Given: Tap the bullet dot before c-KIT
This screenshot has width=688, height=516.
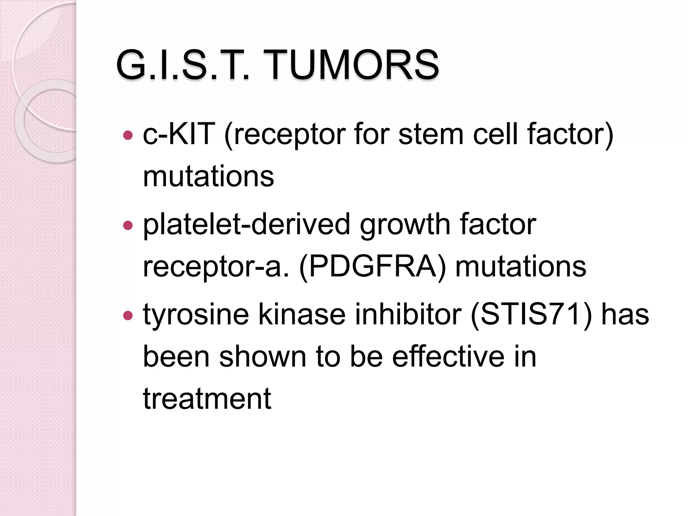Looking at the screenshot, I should click(x=128, y=135).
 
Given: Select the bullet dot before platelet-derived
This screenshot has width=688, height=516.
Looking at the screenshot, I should click(x=128, y=225).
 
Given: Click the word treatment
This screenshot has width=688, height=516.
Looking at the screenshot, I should click(x=207, y=399).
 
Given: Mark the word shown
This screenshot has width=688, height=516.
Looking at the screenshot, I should click(x=262, y=357).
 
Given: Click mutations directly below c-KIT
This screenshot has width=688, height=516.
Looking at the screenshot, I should click(x=208, y=177).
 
